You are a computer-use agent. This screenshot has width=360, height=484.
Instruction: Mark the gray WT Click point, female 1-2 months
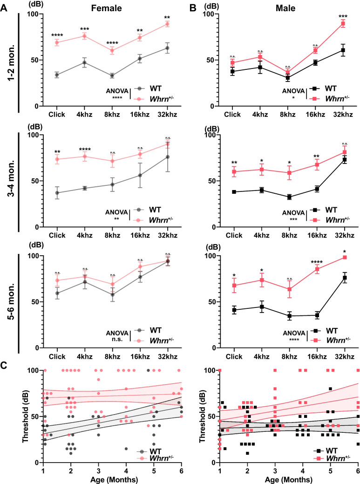click(56, 75)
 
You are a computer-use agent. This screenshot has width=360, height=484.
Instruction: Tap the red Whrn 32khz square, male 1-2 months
click(343, 23)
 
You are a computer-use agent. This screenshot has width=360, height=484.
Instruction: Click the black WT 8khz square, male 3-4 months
click(289, 197)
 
